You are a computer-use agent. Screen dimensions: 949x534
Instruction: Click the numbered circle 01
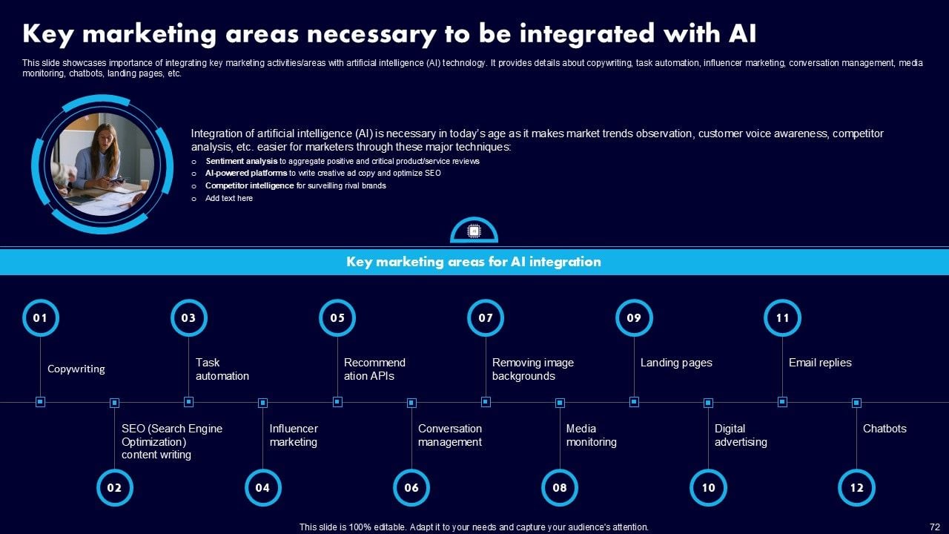(x=40, y=318)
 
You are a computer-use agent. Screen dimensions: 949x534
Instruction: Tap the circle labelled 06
(x=411, y=488)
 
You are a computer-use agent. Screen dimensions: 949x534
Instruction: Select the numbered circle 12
(x=856, y=488)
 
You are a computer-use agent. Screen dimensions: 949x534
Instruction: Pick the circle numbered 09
(x=634, y=318)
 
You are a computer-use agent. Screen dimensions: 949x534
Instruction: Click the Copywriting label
(x=76, y=369)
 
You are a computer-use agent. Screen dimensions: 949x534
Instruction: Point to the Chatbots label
(x=884, y=429)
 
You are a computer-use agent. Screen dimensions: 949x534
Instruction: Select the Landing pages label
(x=676, y=363)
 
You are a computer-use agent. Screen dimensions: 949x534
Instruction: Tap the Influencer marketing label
(x=294, y=435)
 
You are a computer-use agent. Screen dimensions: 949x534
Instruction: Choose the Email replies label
(x=820, y=363)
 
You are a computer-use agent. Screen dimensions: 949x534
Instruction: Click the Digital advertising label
(x=741, y=435)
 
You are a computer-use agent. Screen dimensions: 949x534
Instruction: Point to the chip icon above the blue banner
(x=474, y=231)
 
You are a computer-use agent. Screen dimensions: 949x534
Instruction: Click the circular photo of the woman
(x=102, y=165)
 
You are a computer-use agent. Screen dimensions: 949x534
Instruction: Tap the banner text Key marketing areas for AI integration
(x=474, y=262)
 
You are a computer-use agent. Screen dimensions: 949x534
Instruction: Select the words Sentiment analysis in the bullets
(x=242, y=161)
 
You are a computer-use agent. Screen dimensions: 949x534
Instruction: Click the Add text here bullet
(x=229, y=198)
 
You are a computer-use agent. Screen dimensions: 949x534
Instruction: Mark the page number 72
(x=934, y=527)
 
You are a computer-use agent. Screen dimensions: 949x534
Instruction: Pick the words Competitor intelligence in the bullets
(x=250, y=185)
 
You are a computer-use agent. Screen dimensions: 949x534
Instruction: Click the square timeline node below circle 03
(x=188, y=402)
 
